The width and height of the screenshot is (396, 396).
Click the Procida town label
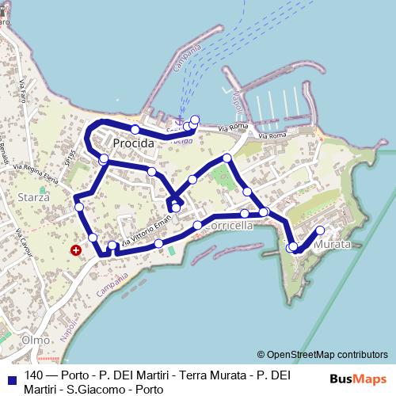(132, 143)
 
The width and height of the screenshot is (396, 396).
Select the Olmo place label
(36, 339)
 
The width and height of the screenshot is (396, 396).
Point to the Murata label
(332, 245)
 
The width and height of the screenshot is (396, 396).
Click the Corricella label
(228, 226)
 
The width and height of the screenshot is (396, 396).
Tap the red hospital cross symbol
(76, 249)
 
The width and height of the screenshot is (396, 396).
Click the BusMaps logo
(358, 379)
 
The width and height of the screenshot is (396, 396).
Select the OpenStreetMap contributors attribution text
(322, 355)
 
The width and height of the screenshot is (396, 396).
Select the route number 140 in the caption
(34, 375)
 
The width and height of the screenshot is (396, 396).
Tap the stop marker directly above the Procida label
(135, 129)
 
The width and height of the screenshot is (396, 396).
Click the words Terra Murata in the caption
(209, 375)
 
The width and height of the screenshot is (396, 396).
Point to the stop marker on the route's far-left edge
(78, 208)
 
